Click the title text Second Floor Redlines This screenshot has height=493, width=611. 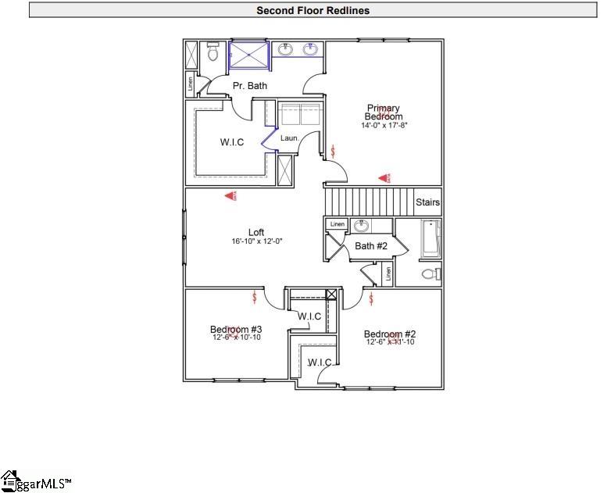click(313, 11)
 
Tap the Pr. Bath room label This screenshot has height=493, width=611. click(249, 85)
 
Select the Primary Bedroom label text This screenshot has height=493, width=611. click(384, 113)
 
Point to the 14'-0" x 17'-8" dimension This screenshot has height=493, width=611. click(384, 125)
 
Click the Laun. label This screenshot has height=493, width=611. click(291, 138)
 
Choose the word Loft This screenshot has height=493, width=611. click(256, 232)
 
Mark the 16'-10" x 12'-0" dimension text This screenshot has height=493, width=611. click(256, 242)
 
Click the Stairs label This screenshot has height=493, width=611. click(427, 202)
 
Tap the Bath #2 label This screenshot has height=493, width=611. click(371, 246)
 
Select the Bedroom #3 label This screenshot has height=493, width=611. click(236, 329)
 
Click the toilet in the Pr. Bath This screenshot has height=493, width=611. click(213, 52)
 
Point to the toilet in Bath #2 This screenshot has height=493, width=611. click(430, 274)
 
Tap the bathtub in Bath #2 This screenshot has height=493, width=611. click(431, 238)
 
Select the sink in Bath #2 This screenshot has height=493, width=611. click(361, 226)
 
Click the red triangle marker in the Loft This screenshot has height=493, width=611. click(231, 197)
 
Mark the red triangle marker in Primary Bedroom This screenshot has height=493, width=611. click(384, 179)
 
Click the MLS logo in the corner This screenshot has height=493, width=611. click(35, 480)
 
